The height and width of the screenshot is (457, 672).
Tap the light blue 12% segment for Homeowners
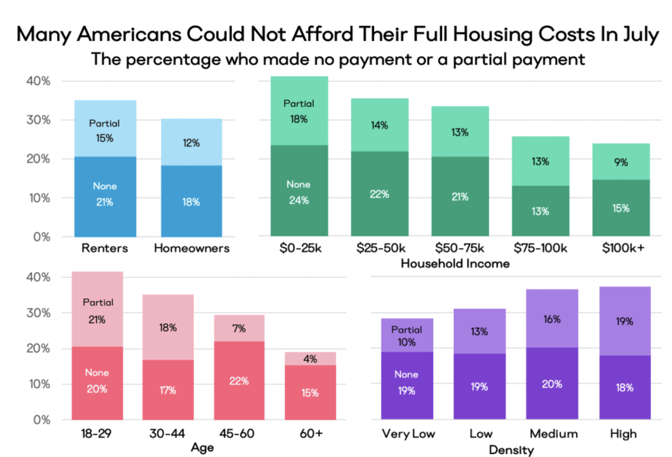click(191, 142)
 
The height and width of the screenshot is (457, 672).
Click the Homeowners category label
click(191, 248)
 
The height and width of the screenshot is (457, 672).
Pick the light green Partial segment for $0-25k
click(299, 111)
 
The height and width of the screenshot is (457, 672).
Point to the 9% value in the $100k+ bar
click(621, 162)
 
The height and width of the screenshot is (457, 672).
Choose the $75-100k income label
click(540, 248)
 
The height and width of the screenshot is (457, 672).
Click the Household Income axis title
click(455, 264)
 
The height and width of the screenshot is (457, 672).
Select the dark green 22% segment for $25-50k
click(379, 194)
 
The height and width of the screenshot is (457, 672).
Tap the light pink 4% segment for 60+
click(310, 359)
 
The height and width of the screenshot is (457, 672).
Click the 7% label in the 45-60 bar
click(239, 328)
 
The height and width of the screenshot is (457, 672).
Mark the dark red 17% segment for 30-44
click(168, 390)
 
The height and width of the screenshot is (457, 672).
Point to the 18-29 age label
click(96, 433)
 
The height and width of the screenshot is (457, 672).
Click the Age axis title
click(202, 447)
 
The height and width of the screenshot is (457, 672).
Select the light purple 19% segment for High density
click(624, 321)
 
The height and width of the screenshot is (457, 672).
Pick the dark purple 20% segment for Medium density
click(552, 384)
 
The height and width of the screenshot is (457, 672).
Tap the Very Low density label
click(408, 434)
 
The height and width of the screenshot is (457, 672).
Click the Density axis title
click(511, 450)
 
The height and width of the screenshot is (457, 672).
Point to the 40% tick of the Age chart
click(38, 277)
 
